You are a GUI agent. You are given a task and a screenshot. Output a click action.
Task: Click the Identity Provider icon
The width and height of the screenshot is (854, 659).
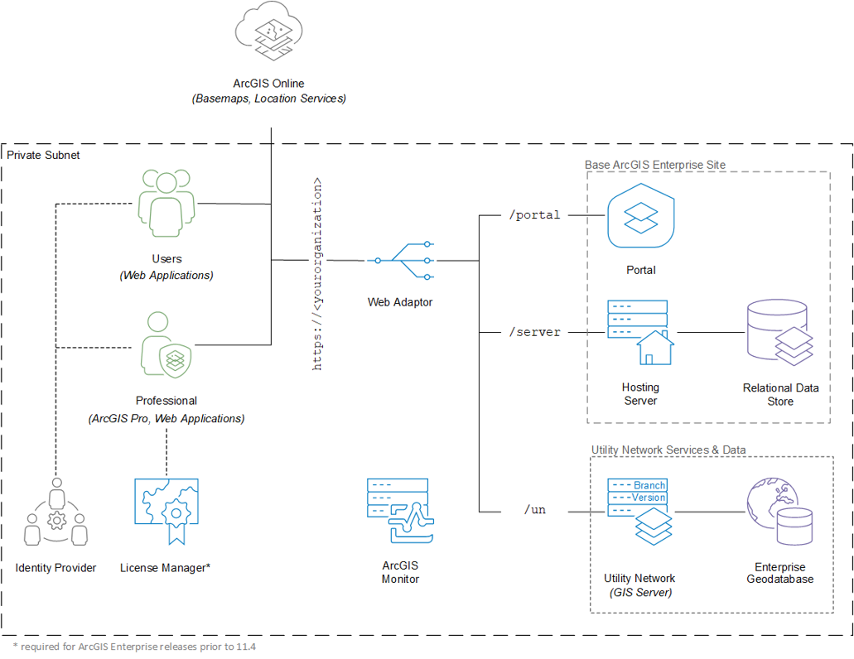point(55,515)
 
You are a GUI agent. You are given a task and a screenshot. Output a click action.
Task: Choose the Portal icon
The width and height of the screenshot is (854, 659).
point(640,218)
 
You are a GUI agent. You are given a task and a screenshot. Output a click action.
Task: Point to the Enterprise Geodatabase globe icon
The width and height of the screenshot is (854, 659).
point(779,512)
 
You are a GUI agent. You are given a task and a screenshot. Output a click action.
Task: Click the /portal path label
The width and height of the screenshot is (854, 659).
point(533,215)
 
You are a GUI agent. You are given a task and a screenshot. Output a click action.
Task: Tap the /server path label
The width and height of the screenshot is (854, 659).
point(534,332)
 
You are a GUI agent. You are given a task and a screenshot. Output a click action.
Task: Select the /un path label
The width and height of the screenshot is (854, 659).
point(535,510)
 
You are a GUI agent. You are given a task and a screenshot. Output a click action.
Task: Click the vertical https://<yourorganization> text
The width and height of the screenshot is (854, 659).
point(317,274)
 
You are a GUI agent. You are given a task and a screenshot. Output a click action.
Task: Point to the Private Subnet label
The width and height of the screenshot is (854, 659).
point(43,155)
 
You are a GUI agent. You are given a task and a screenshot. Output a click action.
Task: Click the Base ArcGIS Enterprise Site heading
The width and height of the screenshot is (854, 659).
point(654,165)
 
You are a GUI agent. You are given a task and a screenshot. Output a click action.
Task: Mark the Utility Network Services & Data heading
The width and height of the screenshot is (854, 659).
point(668,450)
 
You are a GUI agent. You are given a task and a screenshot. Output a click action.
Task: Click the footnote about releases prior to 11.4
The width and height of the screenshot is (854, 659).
point(134,647)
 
